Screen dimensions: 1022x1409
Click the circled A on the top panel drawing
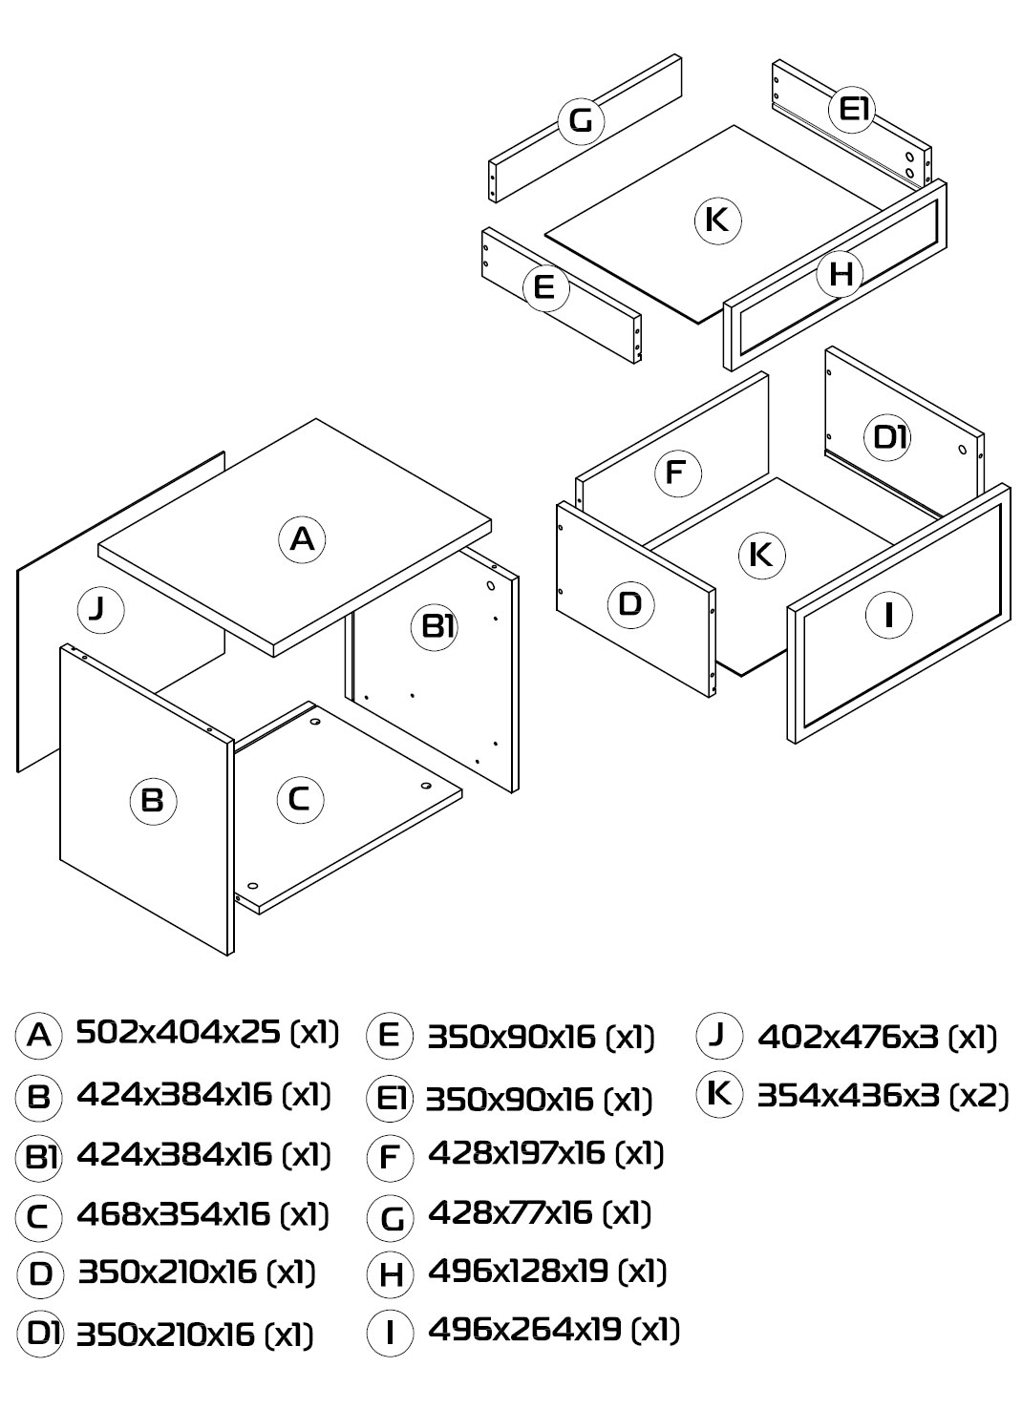click(302, 539)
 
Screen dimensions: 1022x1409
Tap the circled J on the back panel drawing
click(100, 610)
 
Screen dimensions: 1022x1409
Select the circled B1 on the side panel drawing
click(435, 627)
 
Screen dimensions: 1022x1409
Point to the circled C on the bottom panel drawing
click(300, 800)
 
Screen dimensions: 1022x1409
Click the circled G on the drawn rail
click(581, 120)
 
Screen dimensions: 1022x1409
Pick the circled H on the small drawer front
click(841, 274)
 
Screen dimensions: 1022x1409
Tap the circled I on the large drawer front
click(888, 615)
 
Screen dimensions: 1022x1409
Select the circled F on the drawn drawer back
click(678, 473)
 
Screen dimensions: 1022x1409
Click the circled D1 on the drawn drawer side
click(888, 438)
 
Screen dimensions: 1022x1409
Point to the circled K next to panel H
click(718, 221)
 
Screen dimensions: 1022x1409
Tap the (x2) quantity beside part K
click(978, 1097)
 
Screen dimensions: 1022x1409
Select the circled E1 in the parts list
click(390, 1098)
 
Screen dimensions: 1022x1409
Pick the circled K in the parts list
click(720, 1093)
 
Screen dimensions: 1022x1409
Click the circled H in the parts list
click(390, 1273)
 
